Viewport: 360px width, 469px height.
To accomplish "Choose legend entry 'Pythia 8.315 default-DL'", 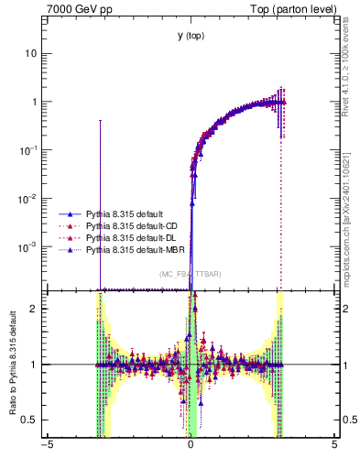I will [x=132, y=237].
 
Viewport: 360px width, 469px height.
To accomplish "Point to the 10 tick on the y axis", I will [x=31, y=53].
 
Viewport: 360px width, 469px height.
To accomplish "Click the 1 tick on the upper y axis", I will [x=34, y=102].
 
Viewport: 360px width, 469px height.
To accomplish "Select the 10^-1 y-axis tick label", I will [x=29, y=149].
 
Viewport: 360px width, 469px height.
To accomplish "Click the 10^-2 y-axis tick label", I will [x=29, y=198].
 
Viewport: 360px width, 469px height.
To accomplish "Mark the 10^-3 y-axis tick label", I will [x=29, y=246].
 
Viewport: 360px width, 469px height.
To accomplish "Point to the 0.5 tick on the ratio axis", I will [x=30, y=420].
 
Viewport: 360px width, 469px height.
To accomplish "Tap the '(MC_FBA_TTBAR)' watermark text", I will [x=191, y=274].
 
